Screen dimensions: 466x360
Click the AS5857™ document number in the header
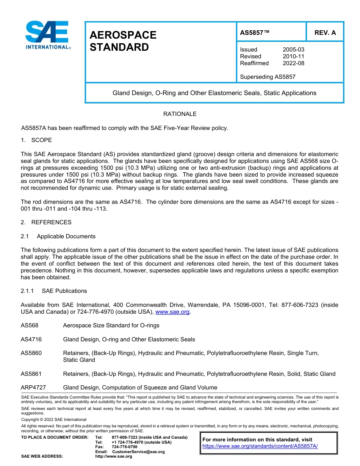(255, 33)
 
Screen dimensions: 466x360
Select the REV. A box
(325, 33)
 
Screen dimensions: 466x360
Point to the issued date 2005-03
(293, 50)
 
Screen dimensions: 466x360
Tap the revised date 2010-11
(293, 56)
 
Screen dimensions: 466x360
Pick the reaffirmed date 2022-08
(293, 63)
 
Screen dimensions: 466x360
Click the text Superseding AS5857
(268, 77)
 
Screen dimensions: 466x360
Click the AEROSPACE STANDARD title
(123, 41)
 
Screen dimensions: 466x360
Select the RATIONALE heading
(180, 114)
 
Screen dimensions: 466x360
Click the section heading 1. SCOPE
(36, 140)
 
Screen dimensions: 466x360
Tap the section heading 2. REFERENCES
(46, 222)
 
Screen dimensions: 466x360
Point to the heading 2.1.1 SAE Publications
(54, 291)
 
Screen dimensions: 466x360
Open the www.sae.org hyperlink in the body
(172, 312)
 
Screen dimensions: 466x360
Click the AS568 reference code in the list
(30, 325)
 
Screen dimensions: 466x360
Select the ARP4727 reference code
(33, 388)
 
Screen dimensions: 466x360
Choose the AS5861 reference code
(31, 374)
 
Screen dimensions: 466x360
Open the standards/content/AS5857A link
(260, 446)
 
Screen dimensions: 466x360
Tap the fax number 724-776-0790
(125, 447)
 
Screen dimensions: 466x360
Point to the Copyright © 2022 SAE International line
(54, 419)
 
